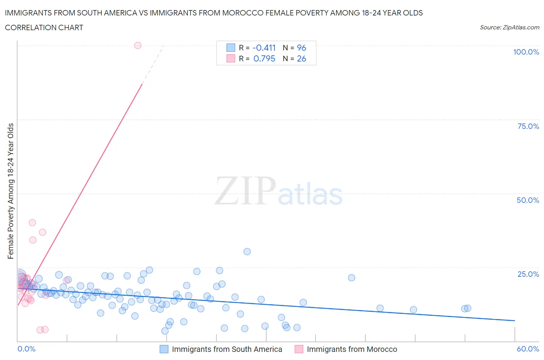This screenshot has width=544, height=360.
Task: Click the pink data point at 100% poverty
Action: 138,45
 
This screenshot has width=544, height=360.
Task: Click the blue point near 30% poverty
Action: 247,252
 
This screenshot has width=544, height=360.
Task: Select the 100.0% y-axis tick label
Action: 526,52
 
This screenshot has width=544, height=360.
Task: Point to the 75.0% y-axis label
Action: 528,126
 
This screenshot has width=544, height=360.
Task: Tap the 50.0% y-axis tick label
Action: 528,200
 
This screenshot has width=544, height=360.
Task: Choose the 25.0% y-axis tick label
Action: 528,274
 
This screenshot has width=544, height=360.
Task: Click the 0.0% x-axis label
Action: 26,349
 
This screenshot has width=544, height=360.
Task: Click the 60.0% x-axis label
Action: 528,349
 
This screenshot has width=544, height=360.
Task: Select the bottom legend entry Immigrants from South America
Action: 227,349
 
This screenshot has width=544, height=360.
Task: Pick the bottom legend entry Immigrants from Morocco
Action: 352,349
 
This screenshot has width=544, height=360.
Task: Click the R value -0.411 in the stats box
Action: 264,48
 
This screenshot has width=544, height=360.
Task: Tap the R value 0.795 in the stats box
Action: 264,58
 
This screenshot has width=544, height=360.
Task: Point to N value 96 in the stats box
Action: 301,48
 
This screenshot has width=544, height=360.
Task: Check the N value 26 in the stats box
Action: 301,58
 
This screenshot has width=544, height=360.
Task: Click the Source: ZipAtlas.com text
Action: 509,27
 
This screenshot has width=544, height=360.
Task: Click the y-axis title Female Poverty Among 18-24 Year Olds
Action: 11,191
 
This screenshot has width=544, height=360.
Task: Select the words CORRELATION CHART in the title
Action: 44,27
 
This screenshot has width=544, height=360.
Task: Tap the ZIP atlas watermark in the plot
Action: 279,191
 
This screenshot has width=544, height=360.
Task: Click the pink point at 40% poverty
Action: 33,223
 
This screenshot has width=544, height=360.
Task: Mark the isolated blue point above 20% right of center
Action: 351,278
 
